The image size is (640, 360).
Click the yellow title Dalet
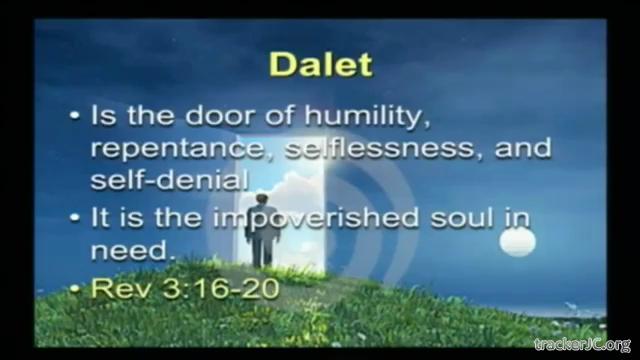pyautogui.click(x=321, y=64)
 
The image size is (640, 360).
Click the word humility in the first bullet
pyautogui.click(x=367, y=116)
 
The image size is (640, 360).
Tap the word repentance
pyautogui.click(x=178, y=149)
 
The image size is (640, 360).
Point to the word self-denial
pyautogui.click(x=170, y=180)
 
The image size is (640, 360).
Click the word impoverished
pyautogui.click(x=316, y=218)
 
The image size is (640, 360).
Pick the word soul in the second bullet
pyautogui.click(x=462, y=217)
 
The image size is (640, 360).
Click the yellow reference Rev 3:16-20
pyautogui.click(x=185, y=288)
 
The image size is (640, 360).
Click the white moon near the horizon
pyautogui.click(x=518, y=242)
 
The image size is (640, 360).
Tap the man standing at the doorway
pyautogui.click(x=262, y=231)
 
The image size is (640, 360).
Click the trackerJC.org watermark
pyautogui.click(x=583, y=345)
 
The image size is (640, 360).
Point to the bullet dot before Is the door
pyautogui.click(x=74, y=116)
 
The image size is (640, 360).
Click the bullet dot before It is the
pyautogui.click(x=74, y=218)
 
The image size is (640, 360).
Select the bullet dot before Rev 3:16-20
pyautogui.click(x=74, y=289)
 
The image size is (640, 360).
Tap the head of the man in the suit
pyautogui.click(x=262, y=200)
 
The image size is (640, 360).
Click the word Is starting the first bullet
pyautogui.click(x=102, y=115)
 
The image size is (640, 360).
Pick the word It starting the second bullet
pyautogui.click(x=100, y=217)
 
